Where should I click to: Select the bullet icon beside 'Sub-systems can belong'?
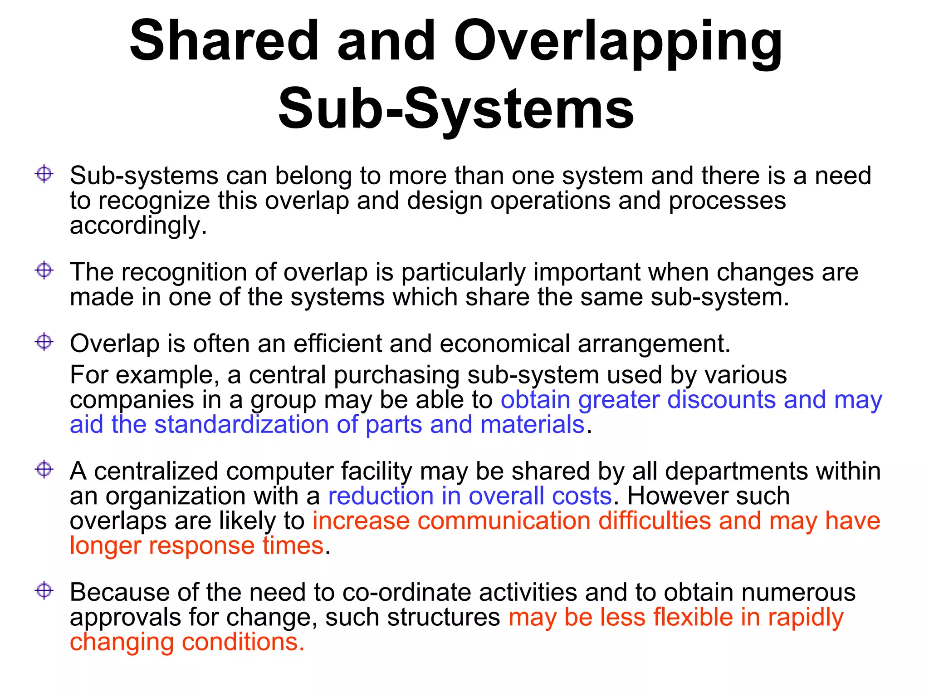(x=44, y=174)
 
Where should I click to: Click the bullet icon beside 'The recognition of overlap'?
(x=44, y=271)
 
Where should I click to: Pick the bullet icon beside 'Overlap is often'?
(x=44, y=342)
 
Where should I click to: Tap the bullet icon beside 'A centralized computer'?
(x=44, y=469)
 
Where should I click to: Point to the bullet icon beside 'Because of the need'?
(x=44, y=591)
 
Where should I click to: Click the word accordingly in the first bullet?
(x=138, y=226)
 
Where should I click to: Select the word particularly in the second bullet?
(x=463, y=272)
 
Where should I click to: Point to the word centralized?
(x=156, y=471)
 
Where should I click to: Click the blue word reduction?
(x=381, y=496)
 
